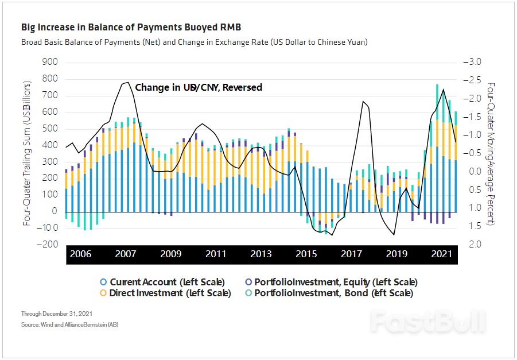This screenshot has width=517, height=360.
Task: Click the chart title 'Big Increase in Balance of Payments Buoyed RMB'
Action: tap(131, 27)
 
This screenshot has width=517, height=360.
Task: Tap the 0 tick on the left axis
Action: tap(55, 211)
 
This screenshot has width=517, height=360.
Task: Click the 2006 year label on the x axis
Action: tap(81, 254)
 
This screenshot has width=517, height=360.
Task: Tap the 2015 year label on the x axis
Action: tap(306, 254)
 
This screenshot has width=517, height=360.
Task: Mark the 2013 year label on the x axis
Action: tap(261, 254)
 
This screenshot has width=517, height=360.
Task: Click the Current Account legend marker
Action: tap(103, 282)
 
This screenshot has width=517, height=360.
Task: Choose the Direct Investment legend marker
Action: tap(103, 293)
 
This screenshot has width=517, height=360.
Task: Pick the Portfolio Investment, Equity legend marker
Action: tap(248, 282)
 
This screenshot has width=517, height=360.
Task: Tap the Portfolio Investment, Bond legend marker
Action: tap(248, 293)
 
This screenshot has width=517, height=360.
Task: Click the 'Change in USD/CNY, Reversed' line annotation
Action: tap(199, 87)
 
